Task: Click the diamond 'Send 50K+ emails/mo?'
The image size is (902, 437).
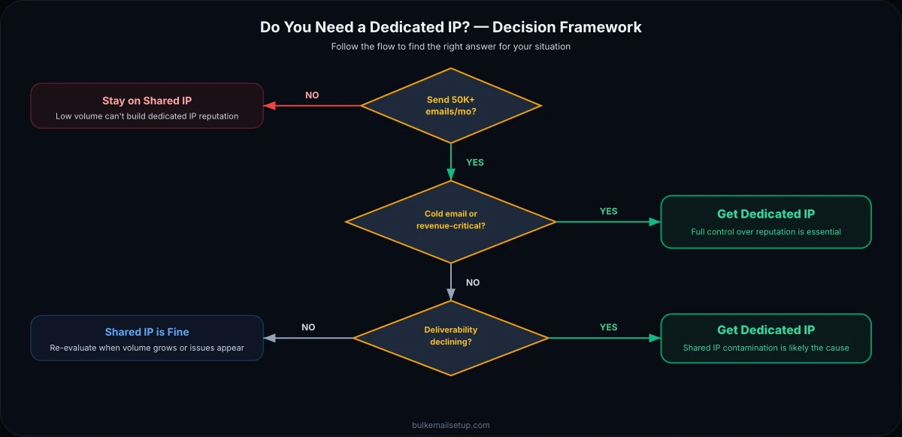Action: click(x=450, y=106)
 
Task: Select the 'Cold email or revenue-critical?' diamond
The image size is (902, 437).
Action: click(x=450, y=221)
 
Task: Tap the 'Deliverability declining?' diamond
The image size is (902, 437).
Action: click(x=450, y=337)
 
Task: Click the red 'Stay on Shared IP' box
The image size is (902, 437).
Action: click(x=147, y=106)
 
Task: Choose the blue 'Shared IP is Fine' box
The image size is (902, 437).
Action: click(x=147, y=338)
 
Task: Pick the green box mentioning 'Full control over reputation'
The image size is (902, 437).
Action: click(x=765, y=222)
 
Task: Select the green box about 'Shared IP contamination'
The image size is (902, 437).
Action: click(x=765, y=338)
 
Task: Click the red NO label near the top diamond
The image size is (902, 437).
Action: click(x=312, y=95)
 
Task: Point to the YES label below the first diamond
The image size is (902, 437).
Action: click(x=475, y=162)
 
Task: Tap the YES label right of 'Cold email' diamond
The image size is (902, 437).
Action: click(x=608, y=211)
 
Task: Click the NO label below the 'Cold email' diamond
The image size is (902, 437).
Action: click(x=473, y=283)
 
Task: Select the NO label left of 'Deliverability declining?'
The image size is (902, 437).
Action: click(x=308, y=327)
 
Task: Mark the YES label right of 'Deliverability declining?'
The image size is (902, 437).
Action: click(x=608, y=327)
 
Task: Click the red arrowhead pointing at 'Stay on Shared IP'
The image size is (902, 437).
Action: click(x=269, y=106)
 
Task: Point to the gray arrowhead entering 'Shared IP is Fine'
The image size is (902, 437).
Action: click(x=269, y=338)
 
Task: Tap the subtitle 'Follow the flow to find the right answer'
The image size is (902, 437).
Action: click(x=450, y=47)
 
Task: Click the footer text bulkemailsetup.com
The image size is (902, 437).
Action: click(x=450, y=425)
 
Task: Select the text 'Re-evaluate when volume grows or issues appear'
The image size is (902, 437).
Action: click(x=147, y=348)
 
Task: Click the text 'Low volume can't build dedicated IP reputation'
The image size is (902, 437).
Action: click(x=147, y=116)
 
